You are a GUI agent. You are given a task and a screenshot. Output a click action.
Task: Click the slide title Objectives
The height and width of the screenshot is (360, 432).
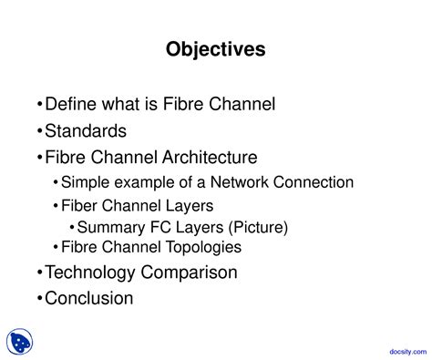click(x=216, y=49)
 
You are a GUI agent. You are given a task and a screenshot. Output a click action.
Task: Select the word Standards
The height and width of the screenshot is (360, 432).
click(x=86, y=131)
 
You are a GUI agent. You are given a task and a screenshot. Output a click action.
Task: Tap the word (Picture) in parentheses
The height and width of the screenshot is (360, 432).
click(x=256, y=227)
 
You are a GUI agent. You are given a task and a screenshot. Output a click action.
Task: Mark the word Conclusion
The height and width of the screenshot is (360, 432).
click(x=89, y=298)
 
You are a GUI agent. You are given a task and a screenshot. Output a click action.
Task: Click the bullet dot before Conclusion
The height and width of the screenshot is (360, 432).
click(x=38, y=299)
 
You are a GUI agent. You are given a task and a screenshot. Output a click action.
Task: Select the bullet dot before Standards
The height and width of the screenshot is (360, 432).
click(x=38, y=132)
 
